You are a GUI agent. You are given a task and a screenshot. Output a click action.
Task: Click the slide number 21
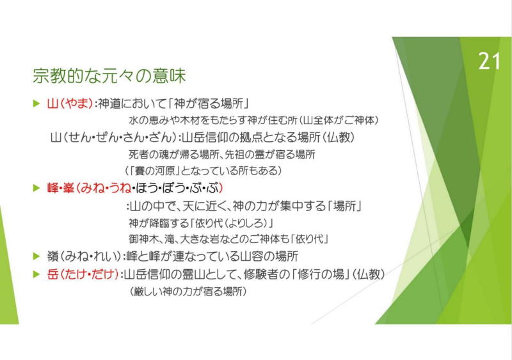point(489,61)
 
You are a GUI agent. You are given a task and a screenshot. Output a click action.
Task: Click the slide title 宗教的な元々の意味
point(109,75)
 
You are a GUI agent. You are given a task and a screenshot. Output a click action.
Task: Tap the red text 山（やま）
point(70,104)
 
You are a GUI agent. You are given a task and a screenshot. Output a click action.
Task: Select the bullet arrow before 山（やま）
point(36,104)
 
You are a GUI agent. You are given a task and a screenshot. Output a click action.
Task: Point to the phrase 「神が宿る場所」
point(209,104)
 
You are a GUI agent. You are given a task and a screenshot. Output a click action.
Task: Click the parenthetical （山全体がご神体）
point(339,120)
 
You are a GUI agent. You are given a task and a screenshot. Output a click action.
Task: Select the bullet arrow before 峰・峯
point(36,188)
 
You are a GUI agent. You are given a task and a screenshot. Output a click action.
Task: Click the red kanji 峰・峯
point(61,188)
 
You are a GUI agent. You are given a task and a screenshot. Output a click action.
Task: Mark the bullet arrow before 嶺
point(36,256)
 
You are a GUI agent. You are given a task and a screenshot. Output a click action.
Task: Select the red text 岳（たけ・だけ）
point(83,274)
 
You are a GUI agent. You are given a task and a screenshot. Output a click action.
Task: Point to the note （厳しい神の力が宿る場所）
point(188,291)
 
